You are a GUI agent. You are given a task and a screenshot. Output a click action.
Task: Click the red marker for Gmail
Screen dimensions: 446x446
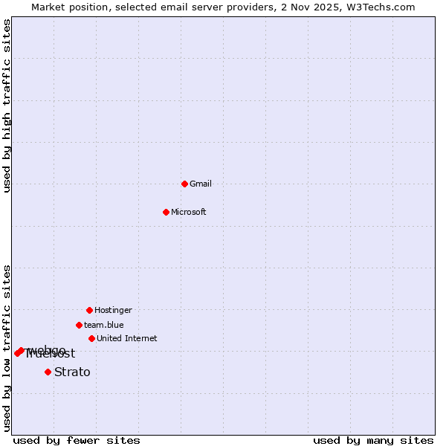tap(184, 184)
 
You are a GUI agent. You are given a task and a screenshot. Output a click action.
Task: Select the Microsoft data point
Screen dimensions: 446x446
tap(166, 212)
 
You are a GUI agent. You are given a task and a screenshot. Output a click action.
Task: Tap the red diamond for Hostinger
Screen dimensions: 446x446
tap(89, 310)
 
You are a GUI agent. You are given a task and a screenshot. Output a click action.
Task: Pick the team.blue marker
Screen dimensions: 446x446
tap(79, 325)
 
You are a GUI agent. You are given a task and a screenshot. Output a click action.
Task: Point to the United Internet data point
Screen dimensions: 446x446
tap(91, 338)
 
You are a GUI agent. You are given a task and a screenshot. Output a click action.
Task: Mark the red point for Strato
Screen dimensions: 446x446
tap(48, 372)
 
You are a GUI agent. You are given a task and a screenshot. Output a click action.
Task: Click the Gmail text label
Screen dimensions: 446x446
tap(201, 184)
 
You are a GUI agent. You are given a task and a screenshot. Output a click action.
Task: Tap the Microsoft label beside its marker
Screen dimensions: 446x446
tap(189, 212)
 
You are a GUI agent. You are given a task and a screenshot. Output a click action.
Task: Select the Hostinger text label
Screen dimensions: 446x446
tap(113, 310)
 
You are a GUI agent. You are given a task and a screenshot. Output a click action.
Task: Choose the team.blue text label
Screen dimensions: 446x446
tap(104, 325)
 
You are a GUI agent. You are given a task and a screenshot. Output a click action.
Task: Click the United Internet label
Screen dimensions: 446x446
tap(127, 338)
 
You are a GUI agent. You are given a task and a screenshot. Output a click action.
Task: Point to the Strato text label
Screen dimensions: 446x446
tap(72, 372)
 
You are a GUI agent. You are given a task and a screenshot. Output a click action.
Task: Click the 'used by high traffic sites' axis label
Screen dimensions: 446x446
tap(7, 106)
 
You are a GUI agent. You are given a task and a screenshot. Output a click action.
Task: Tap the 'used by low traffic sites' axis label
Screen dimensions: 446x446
tap(7, 348)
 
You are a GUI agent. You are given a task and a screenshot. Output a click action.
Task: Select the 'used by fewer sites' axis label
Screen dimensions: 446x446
tap(77, 440)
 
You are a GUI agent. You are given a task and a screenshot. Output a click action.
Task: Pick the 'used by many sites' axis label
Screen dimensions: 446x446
tap(373, 440)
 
